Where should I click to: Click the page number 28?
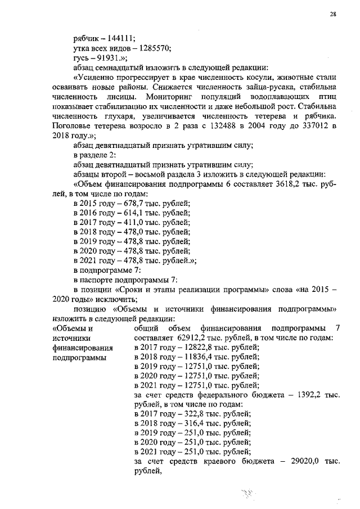point(333,14)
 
